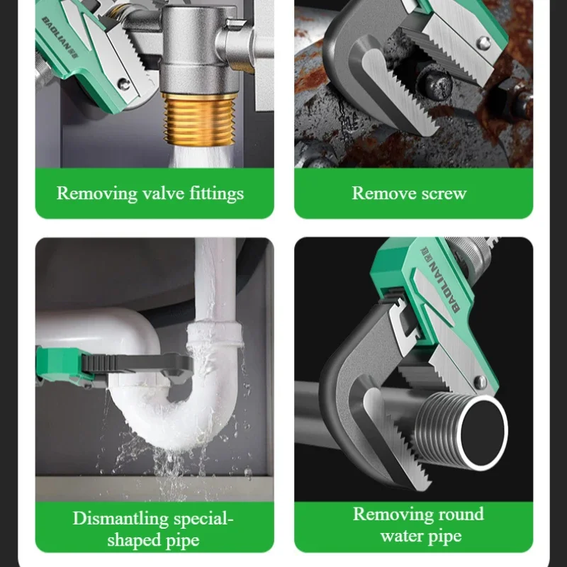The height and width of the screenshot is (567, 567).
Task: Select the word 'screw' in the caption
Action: pos(444,193)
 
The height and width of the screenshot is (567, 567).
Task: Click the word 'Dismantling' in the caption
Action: pos(120,520)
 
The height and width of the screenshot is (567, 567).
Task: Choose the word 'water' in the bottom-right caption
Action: pos(401,536)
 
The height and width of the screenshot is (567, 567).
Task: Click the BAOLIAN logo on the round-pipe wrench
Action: pos(439,279)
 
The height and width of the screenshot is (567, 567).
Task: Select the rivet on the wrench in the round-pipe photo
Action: pos(481,382)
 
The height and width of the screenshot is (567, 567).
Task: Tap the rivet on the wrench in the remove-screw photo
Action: pos(483,43)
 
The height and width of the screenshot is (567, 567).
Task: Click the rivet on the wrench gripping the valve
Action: pos(124,84)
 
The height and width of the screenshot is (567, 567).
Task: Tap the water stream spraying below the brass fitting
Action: pos(200,157)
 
